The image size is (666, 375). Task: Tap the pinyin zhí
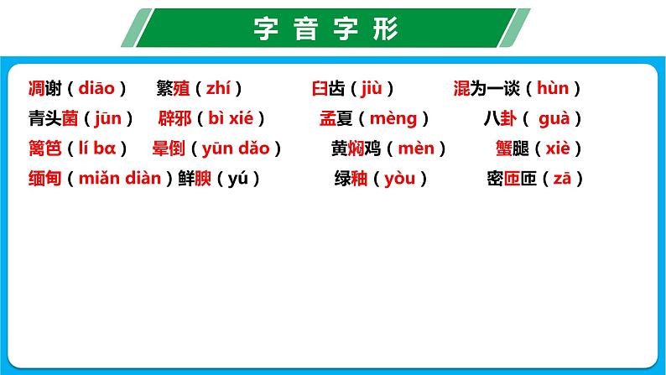223,88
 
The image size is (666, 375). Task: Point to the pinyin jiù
372,88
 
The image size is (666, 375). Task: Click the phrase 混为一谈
486,88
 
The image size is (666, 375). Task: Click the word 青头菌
53,118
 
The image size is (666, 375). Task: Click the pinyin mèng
393,118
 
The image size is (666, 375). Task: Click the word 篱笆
44,148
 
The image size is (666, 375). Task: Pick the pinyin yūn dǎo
236,148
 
